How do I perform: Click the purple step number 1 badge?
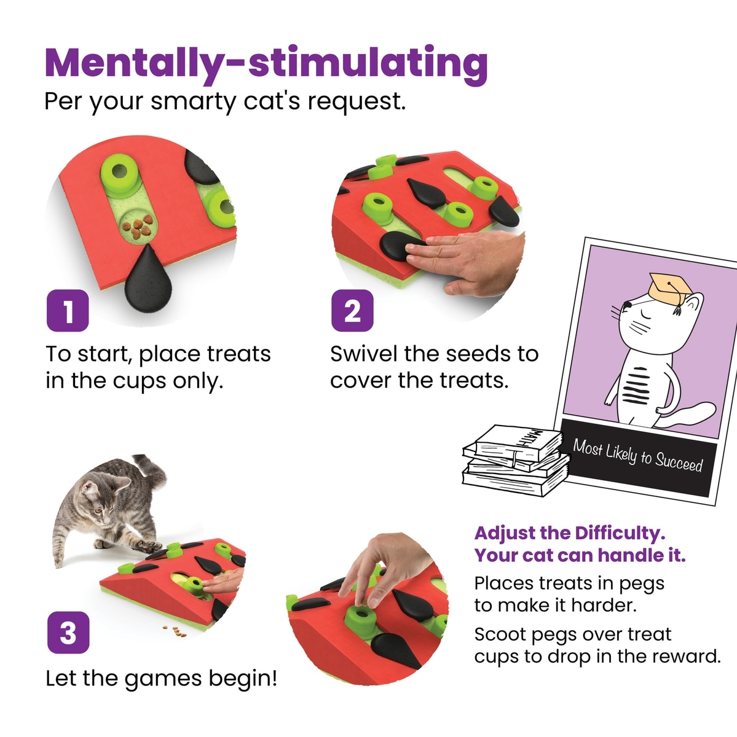pos(68,310)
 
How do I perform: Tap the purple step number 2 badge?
pos(352,310)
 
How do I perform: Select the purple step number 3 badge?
pos(68,633)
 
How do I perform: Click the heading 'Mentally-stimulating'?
pos(267,63)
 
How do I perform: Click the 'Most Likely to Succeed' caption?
pos(637,456)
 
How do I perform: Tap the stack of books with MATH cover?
pos(515,461)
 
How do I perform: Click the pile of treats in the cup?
pos(137,227)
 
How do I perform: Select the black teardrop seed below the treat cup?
pos(148,279)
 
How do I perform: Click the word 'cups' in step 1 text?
pos(138,381)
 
